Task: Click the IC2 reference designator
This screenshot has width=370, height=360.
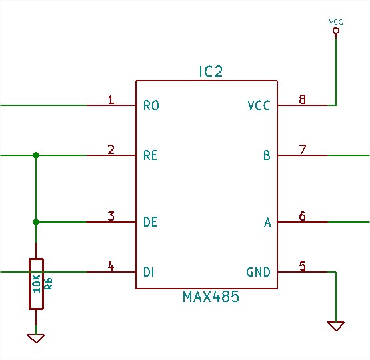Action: click(x=211, y=71)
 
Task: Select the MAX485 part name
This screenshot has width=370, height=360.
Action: click(x=211, y=297)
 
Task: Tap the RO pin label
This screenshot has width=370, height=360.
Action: click(x=151, y=105)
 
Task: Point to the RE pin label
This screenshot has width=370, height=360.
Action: click(x=151, y=155)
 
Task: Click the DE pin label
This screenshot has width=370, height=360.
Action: click(x=151, y=222)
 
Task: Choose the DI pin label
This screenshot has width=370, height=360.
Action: click(x=149, y=272)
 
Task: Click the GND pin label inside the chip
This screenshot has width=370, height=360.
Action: click(x=259, y=272)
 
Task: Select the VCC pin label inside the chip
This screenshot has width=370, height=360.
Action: click(x=259, y=105)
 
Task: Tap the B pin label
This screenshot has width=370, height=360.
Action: click(x=267, y=155)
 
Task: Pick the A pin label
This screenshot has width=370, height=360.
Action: click(x=267, y=222)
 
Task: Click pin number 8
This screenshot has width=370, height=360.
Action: click(x=302, y=99)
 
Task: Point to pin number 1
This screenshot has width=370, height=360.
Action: click(x=111, y=100)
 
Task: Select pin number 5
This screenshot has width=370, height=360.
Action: click(x=303, y=266)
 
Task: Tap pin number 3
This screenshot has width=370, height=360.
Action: click(x=111, y=216)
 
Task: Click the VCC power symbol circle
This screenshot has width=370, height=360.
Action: click(x=336, y=31)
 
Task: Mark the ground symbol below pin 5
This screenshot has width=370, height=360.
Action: click(x=336, y=326)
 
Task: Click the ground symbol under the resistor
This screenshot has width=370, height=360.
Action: click(x=36, y=338)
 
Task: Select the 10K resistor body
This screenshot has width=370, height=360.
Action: click(x=36, y=284)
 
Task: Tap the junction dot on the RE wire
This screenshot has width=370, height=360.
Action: click(x=36, y=155)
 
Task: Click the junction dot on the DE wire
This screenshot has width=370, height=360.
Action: click(x=36, y=222)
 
